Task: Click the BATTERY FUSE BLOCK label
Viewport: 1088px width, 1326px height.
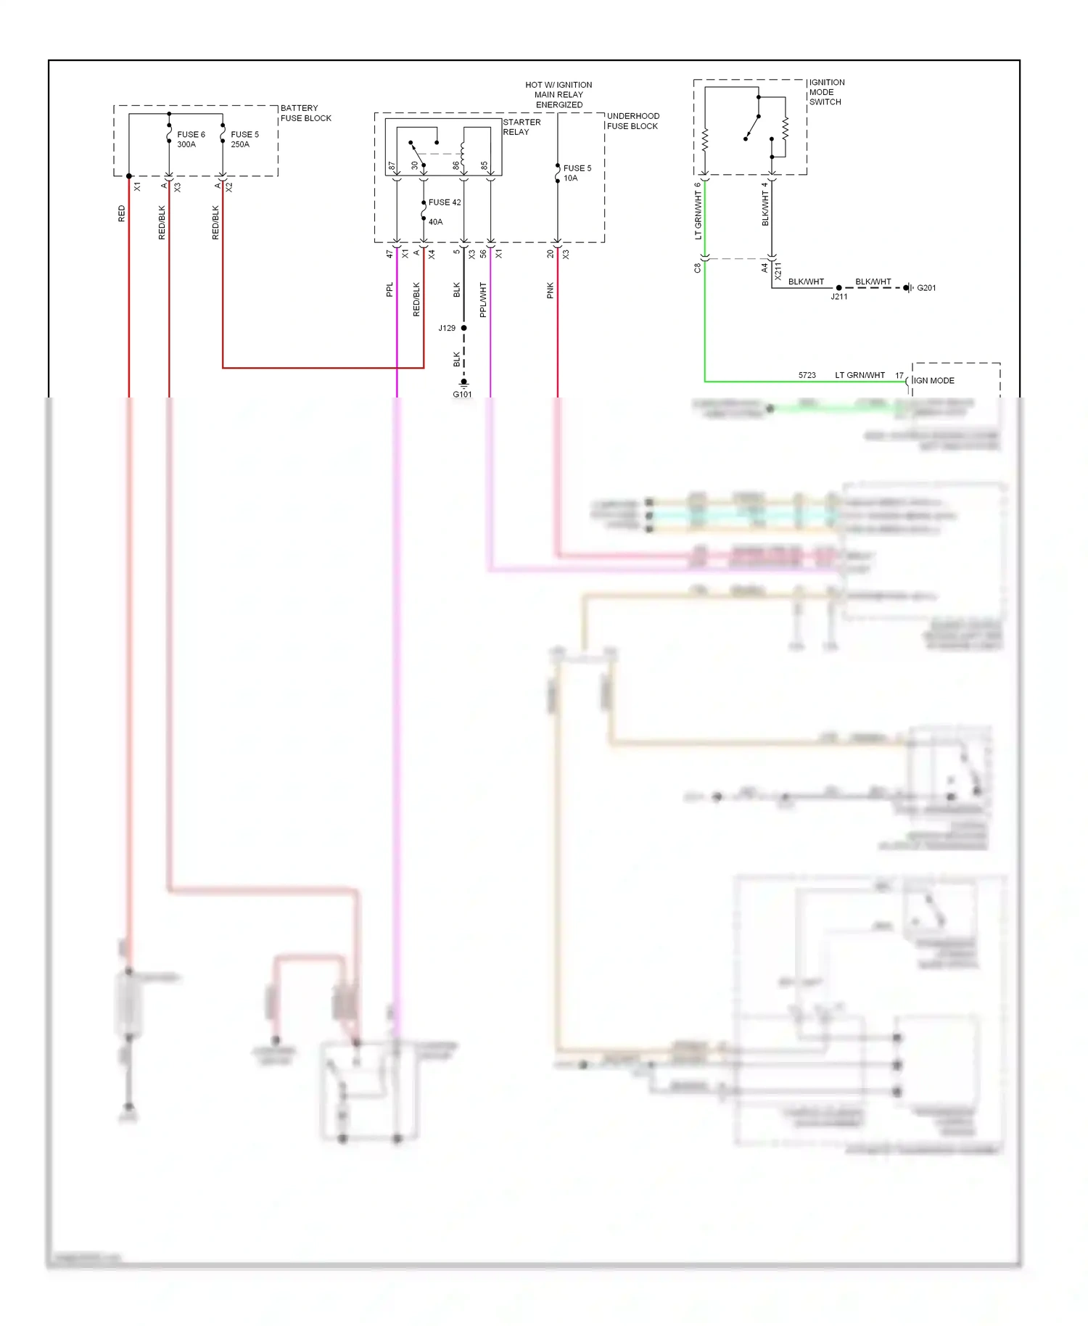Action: [305, 113]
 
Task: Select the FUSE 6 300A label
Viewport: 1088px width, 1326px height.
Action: [191, 139]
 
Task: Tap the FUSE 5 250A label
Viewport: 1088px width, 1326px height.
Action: [244, 139]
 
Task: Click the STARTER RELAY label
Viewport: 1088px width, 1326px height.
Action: [521, 127]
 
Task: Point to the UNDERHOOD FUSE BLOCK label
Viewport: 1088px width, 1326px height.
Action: [632, 121]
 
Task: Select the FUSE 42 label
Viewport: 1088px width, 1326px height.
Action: [445, 202]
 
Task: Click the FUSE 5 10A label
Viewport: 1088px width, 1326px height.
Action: [577, 173]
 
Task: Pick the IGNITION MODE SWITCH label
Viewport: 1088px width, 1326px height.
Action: [826, 92]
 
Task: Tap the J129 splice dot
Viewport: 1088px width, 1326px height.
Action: [464, 328]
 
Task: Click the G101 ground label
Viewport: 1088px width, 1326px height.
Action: [462, 395]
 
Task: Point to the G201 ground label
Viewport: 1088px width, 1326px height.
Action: [926, 288]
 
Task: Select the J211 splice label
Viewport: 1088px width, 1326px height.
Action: [838, 297]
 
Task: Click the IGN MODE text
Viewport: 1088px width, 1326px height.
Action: [934, 381]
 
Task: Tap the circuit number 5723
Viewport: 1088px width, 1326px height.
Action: [807, 375]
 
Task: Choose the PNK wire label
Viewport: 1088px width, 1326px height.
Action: [550, 290]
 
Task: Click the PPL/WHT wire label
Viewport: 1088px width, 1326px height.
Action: [483, 300]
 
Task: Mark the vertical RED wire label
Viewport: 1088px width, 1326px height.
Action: [121, 213]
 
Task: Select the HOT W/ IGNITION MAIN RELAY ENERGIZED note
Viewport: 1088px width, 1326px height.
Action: [559, 95]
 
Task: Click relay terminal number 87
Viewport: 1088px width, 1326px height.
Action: [392, 166]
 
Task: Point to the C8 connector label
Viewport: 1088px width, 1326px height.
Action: [697, 267]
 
